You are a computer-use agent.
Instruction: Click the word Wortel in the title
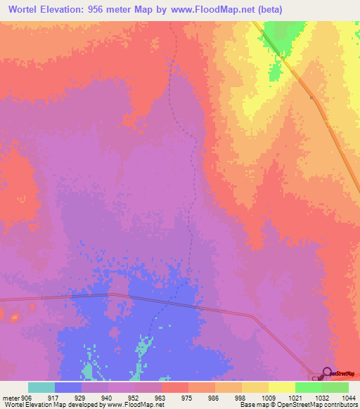coord(26,10)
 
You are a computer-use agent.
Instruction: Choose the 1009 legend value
coord(269,398)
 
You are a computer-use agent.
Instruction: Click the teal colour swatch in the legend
coord(41,387)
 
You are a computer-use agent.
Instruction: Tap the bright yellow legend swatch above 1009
coord(282,387)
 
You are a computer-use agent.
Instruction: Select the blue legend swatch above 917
coord(68,387)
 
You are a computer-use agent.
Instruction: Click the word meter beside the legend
coord(10,398)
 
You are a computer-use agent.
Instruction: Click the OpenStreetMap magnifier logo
coord(327,372)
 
